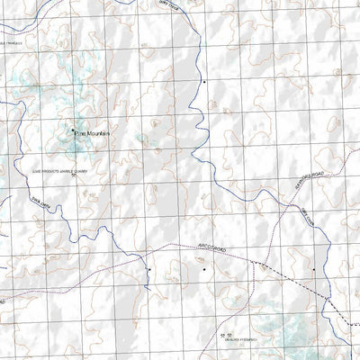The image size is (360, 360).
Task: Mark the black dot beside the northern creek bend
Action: (x=204, y=82)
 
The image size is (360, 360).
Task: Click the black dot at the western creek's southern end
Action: (x=149, y=268)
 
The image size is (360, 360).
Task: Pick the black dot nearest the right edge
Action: (x=314, y=268)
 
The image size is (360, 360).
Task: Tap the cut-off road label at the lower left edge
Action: (x=4, y=300)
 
